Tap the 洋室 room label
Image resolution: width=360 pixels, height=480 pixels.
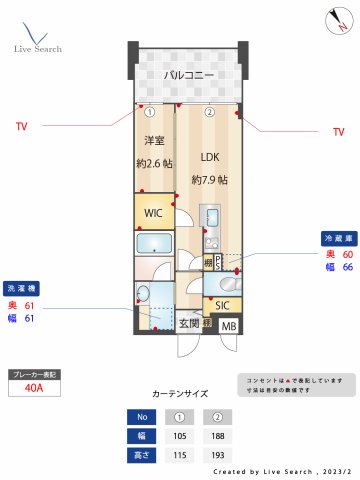[x=154, y=140]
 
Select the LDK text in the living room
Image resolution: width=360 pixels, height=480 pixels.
[x=209, y=157]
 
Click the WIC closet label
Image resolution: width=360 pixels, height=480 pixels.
[x=153, y=213]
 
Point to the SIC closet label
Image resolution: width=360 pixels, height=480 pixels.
[x=222, y=305]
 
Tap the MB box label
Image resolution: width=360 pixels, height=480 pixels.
[x=229, y=326]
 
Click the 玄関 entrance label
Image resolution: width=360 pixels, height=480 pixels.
[x=190, y=324]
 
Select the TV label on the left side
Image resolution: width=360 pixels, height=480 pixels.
[x=22, y=126]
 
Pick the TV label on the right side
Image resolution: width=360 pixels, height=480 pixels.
[x=337, y=132]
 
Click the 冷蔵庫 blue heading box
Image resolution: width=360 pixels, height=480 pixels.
[x=336, y=239]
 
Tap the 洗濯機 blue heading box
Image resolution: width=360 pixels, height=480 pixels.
[x=22, y=287]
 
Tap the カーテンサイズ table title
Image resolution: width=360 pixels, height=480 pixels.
[x=179, y=395]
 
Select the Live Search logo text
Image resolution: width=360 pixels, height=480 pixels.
[x=37, y=49]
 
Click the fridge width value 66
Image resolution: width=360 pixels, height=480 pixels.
[x=347, y=268]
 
